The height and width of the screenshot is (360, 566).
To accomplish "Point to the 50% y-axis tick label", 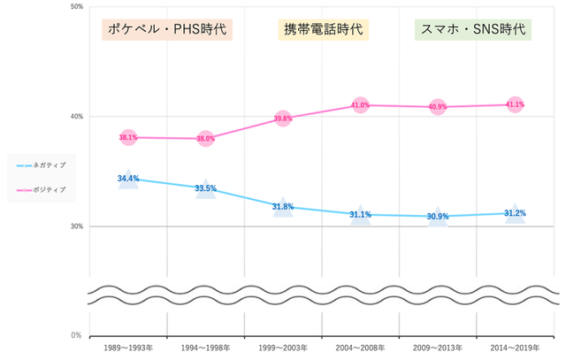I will (76, 7).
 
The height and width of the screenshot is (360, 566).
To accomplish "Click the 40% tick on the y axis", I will (76, 117).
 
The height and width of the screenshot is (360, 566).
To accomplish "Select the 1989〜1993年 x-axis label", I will (128, 348).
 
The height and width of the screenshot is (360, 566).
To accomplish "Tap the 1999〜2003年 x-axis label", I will (283, 348).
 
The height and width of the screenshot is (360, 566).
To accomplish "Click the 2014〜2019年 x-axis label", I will (515, 348).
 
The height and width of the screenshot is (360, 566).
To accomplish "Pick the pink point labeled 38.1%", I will (128, 137).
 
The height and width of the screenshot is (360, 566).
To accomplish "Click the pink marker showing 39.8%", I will (283, 119).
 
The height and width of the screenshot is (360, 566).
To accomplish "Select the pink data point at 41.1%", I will (515, 104).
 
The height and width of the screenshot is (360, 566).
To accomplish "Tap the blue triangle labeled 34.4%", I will (128, 179).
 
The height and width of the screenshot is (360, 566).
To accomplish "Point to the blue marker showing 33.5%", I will (205, 188).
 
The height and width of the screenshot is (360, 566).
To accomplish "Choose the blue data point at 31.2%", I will (515, 213).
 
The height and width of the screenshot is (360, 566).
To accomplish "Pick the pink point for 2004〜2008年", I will (360, 105).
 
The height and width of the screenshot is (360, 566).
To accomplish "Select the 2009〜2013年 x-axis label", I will (438, 348).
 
